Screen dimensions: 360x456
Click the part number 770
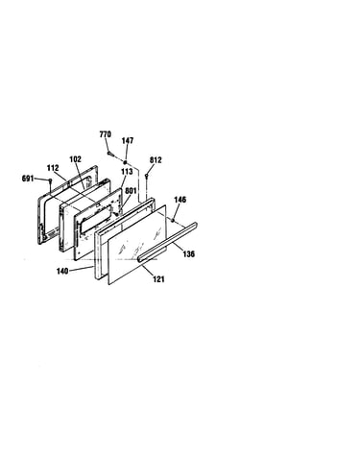click(x=106, y=134)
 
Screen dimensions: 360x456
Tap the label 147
click(x=128, y=141)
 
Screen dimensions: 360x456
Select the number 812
click(x=156, y=160)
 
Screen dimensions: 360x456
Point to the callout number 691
click(x=28, y=179)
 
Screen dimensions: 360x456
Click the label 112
click(x=53, y=168)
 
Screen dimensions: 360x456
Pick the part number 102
click(x=76, y=159)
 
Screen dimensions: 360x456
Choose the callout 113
click(x=127, y=172)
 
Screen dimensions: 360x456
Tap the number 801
click(x=131, y=191)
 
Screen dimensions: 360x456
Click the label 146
click(x=180, y=200)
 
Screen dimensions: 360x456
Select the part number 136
click(x=189, y=254)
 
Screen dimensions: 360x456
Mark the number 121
click(x=158, y=279)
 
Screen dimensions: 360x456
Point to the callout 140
click(x=62, y=271)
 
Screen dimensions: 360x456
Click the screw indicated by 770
click(x=110, y=154)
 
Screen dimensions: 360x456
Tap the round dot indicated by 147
click(x=125, y=162)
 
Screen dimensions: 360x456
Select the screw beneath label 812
click(x=146, y=176)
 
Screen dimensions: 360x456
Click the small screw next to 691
click(x=50, y=181)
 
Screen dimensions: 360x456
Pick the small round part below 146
click(x=173, y=220)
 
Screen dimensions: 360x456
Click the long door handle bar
click(x=168, y=242)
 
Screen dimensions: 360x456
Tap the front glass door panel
click(x=137, y=245)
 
